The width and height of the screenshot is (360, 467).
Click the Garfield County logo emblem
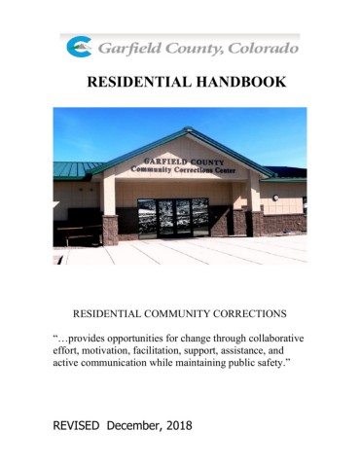79,46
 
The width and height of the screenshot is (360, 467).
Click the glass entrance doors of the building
173,217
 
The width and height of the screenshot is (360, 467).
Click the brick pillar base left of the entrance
110,230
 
